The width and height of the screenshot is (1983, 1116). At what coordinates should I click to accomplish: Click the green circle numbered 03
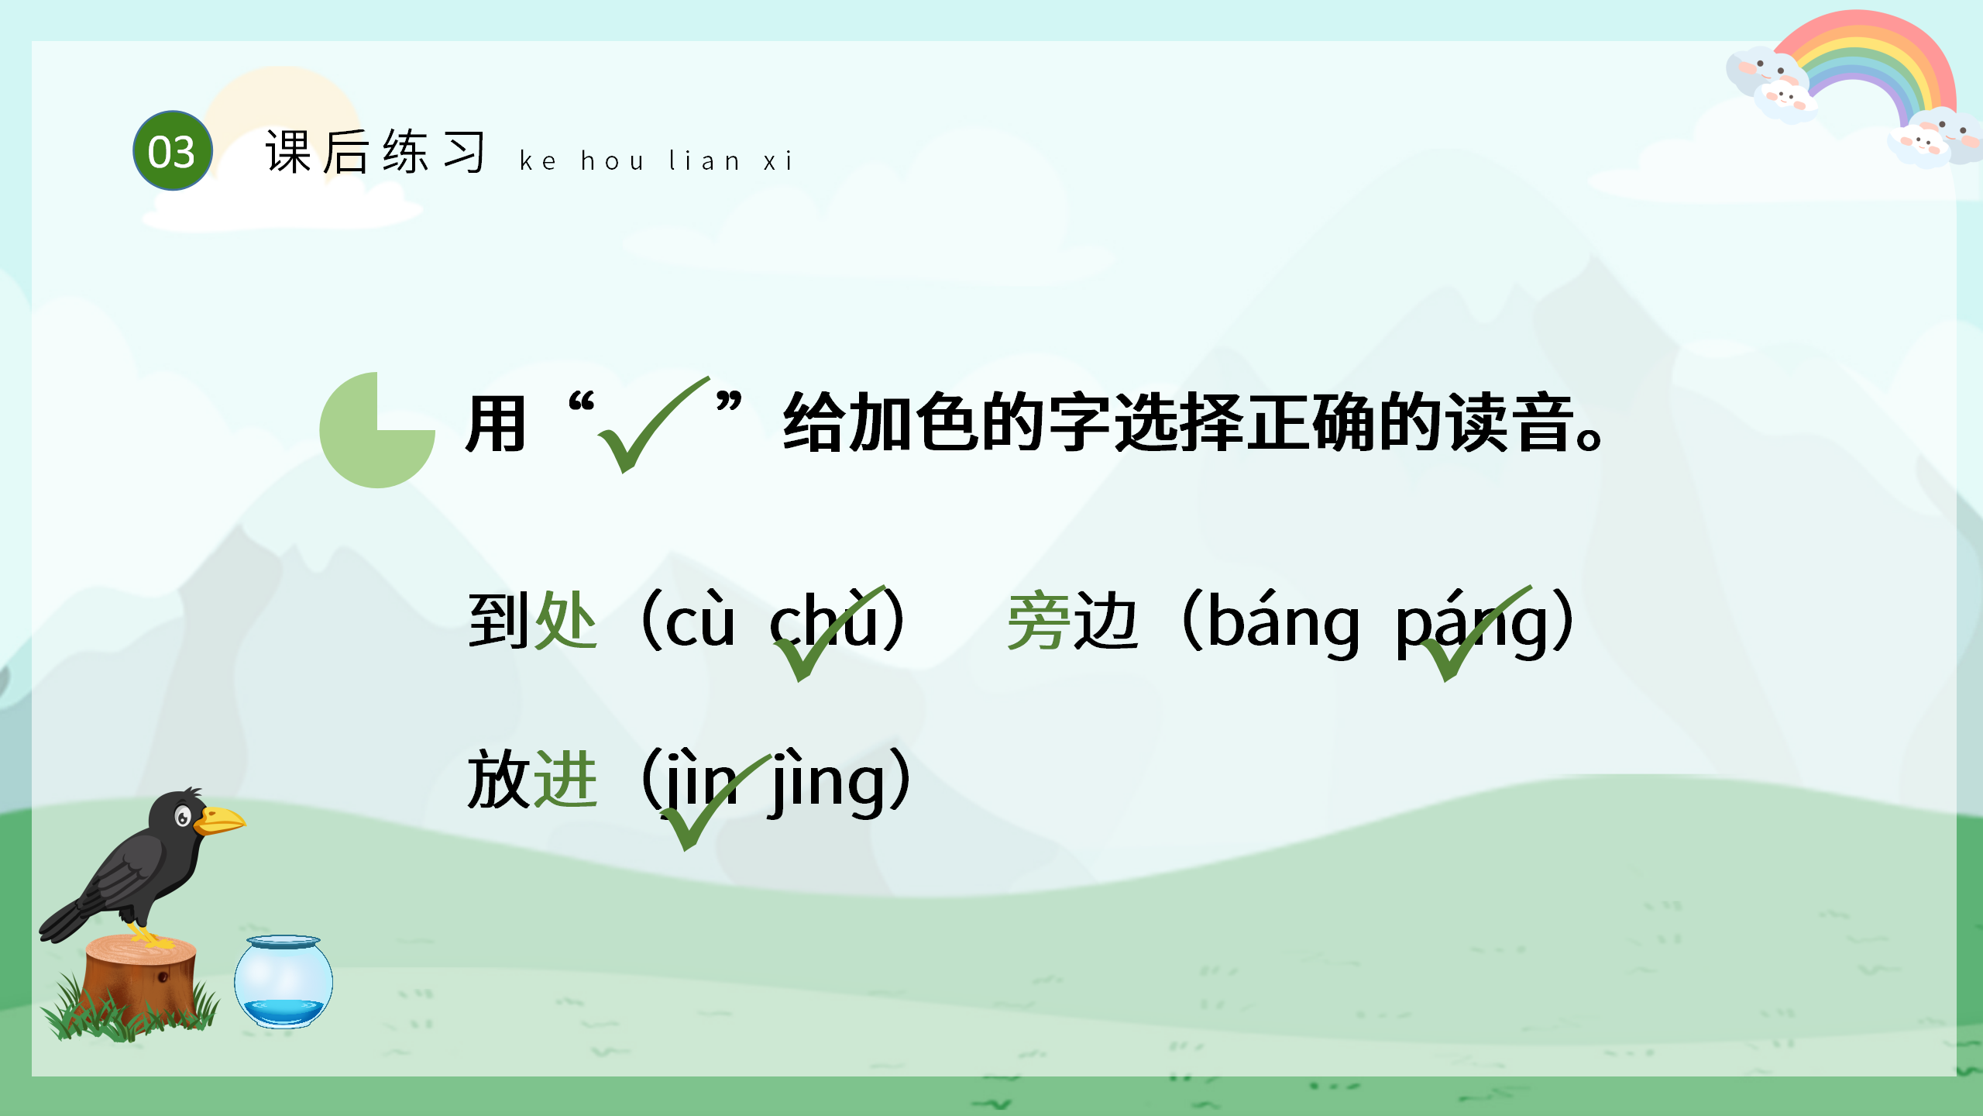click(172, 151)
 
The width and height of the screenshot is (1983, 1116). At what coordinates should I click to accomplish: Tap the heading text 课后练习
click(376, 152)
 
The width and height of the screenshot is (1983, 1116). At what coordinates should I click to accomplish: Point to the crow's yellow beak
click(221, 820)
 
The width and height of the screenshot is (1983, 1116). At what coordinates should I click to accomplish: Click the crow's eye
click(183, 816)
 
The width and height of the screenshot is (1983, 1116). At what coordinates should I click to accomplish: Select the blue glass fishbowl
click(284, 981)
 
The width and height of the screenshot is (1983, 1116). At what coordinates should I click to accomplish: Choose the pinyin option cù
click(699, 622)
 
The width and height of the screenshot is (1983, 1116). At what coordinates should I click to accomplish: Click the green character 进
click(565, 780)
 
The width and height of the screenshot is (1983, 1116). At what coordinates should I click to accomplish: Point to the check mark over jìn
click(709, 802)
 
